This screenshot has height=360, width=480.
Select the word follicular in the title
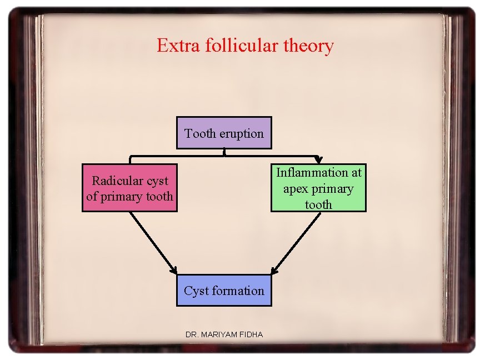[237, 46]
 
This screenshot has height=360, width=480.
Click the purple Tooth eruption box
[224, 133]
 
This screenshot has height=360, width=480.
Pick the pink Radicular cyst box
[129, 188]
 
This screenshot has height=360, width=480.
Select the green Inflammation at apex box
[318, 188]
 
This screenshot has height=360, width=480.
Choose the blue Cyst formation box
[224, 290]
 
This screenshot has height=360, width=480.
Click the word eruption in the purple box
[242, 134]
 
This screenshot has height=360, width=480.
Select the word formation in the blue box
[237, 291]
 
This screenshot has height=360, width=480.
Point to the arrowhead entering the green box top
[318, 161]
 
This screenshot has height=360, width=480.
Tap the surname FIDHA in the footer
[252, 334]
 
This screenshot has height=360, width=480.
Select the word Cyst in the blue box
[196, 291]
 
